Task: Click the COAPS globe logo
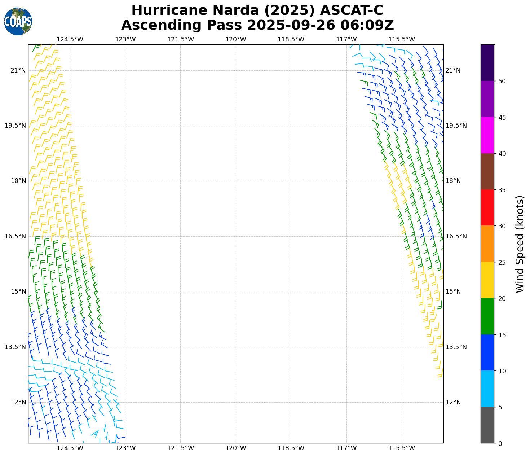[18, 22]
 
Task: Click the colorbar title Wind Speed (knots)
[520, 244]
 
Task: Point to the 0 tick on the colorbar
[500, 443]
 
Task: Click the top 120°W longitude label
[236, 39]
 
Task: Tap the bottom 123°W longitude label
[125, 448]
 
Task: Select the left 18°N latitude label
[18, 181]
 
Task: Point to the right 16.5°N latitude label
[456, 236]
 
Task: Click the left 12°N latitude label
[18, 402]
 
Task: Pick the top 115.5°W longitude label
[402, 39]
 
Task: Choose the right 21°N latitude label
[453, 70]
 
